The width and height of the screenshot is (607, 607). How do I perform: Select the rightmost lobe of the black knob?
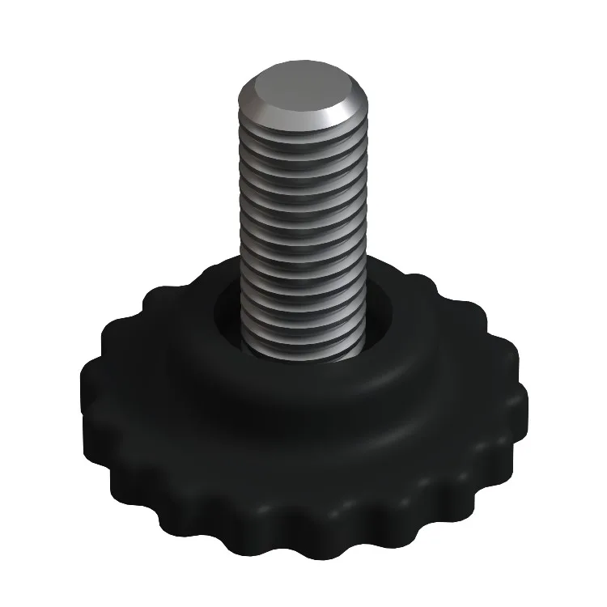(518, 405)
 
